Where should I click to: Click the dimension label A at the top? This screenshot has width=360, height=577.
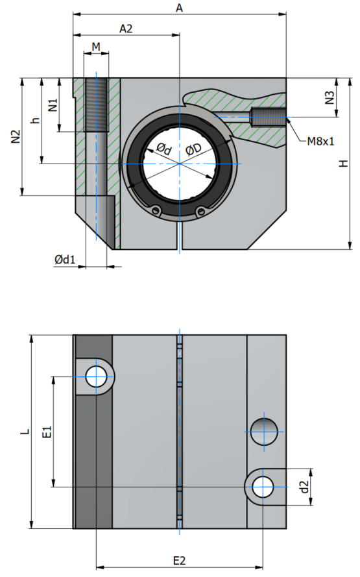179,8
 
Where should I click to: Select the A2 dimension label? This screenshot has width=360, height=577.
126,29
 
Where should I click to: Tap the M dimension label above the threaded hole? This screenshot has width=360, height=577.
96,47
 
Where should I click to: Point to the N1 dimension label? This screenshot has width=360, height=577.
53,105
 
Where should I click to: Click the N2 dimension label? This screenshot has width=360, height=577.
16,136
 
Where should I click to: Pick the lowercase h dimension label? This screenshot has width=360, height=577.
35,120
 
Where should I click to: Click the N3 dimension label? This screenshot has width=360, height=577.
330,97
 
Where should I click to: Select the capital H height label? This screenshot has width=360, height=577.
343,164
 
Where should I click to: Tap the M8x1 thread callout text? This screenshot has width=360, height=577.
320,141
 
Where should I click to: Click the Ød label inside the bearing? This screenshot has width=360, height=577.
164,149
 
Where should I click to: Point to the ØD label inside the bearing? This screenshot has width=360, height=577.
193,149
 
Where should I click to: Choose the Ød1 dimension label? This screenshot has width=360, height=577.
65,260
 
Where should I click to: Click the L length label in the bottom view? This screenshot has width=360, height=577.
25,432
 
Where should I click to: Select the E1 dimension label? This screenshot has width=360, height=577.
47,432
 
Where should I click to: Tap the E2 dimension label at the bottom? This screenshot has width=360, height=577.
179,561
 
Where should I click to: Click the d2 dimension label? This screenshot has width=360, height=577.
304,487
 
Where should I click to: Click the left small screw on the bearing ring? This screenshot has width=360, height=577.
157,210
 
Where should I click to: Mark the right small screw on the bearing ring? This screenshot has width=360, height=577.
200,211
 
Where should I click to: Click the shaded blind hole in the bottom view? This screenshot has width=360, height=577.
264,432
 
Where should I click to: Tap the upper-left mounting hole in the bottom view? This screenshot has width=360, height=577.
96,377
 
